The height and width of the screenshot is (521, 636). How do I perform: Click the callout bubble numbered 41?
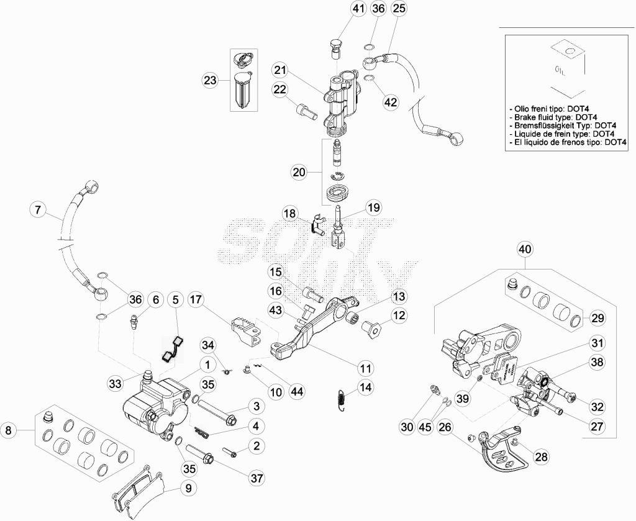pos(358,9)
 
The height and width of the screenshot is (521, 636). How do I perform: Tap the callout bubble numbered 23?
pos(211,80)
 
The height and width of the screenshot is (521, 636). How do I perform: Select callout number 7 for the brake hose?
pos(38,210)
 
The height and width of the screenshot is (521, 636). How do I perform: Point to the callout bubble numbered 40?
pos(525,250)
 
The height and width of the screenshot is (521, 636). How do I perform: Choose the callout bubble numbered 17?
pos(196,300)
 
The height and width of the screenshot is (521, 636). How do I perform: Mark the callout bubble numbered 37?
pos(257,478)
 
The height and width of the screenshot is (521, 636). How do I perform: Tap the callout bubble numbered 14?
pos(365,387)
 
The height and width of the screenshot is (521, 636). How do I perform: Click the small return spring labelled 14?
pos(342,399)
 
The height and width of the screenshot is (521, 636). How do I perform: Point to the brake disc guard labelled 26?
pos(501,451)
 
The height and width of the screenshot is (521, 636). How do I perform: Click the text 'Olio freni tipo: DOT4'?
pos(550,109)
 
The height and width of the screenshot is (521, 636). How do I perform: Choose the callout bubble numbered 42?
pos(391,102)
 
